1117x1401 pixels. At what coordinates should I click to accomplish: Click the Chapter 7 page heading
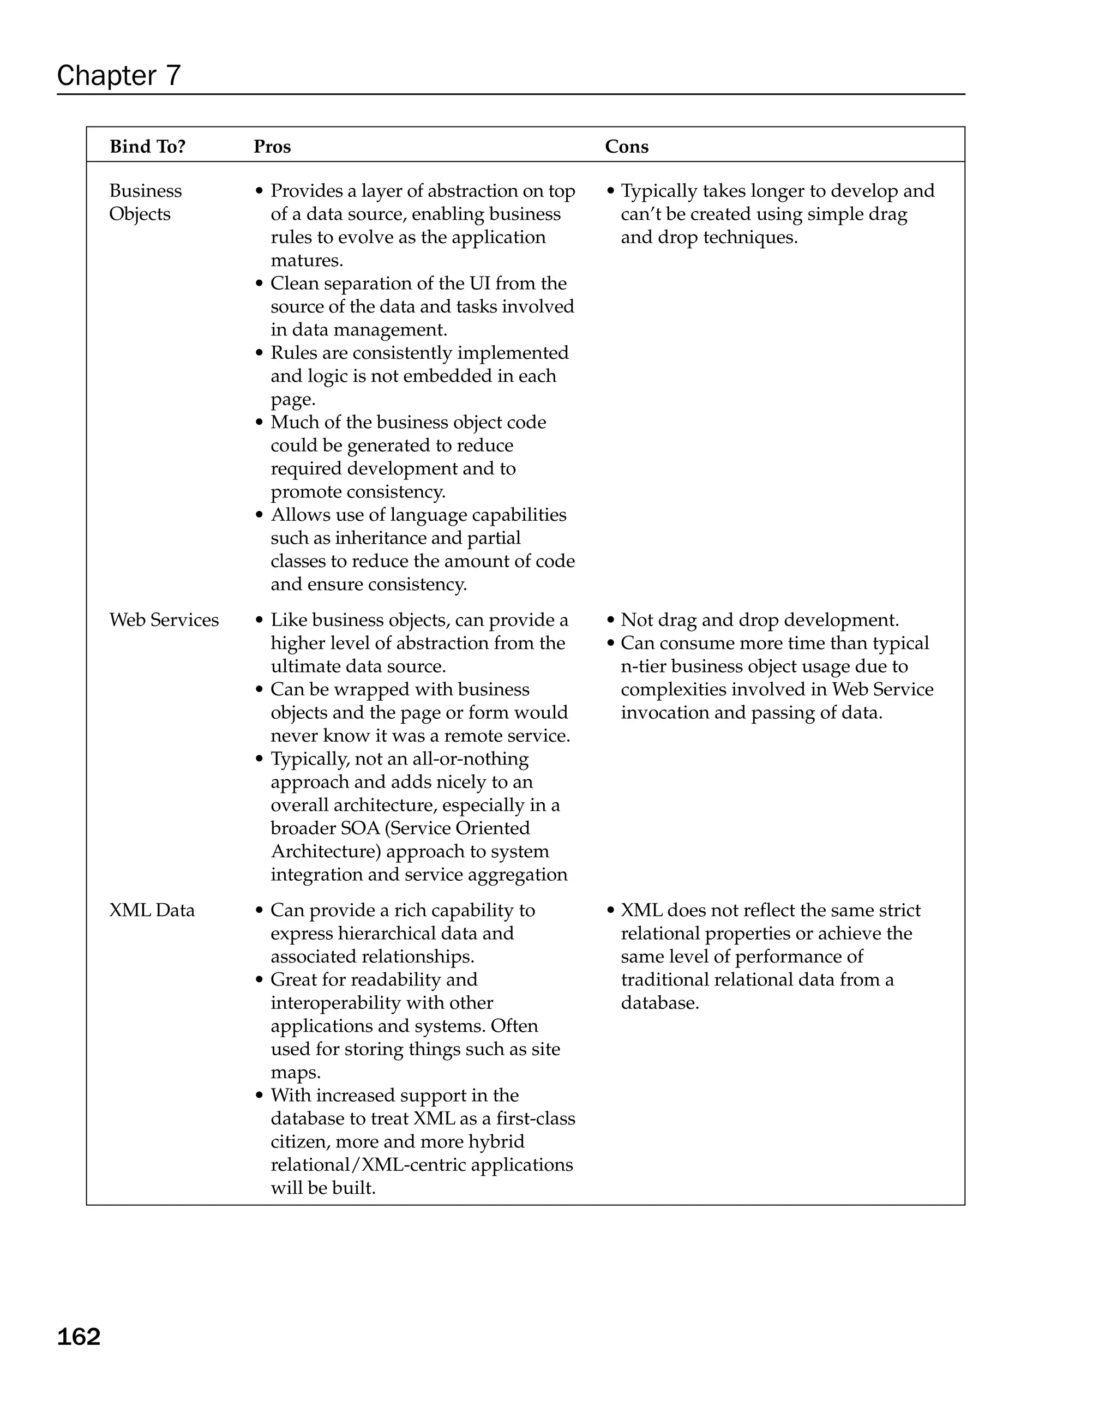[x=118, y=76]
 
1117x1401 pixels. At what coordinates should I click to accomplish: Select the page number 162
[x=79, y=1337]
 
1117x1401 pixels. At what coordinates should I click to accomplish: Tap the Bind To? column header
[x=147, y=147]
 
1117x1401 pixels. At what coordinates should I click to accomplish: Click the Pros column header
[x=272, y=147]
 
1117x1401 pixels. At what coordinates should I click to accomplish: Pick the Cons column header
[x=627, y=147]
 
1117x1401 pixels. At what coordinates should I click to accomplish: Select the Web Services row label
[x=164, y=620]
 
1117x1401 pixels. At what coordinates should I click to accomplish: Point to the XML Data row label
[x=152, y=910]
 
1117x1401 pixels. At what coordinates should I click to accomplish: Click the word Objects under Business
[x=139, y=214]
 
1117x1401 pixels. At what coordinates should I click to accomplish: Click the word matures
[x=307, y=261]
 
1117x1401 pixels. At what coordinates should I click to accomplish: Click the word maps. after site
[x=296, y=1072]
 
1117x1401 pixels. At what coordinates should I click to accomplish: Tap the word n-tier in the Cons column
[x=642, y=667]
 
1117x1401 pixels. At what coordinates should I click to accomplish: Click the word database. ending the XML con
[x=659, y=1003]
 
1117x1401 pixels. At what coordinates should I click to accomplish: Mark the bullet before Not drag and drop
[x=610, y=621]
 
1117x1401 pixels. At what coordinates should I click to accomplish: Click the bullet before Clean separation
[x=259, y=284]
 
